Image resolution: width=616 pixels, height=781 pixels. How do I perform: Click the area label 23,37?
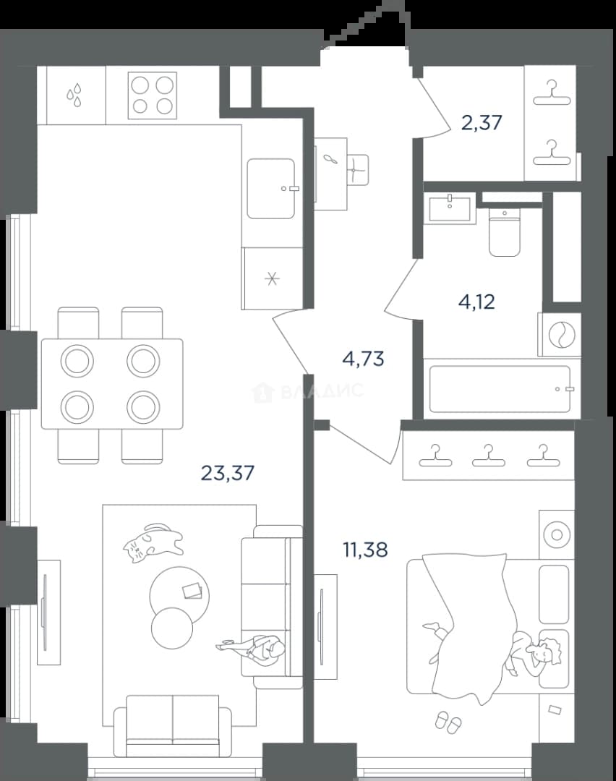point(228,473)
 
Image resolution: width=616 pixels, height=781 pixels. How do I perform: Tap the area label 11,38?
point(365,550)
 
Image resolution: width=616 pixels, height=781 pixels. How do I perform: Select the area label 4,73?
point(364,358)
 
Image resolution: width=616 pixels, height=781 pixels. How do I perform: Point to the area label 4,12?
point(476,302)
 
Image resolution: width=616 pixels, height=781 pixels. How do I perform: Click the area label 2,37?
point(482,122)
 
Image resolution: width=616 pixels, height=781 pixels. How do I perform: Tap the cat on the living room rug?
point(153,542)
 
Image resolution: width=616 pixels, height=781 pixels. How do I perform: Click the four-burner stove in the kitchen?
point(153,95)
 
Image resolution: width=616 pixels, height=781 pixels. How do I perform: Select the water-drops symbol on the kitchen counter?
point(75,95)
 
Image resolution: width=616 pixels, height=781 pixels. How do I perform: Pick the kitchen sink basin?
point(272,189)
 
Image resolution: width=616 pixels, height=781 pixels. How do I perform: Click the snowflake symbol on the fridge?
point(272,278)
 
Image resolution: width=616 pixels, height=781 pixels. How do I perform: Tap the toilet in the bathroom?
point(505,232)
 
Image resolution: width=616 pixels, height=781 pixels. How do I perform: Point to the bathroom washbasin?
point(450,208)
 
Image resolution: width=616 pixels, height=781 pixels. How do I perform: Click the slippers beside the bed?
point(448,721)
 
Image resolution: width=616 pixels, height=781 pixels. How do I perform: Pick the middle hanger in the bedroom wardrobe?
point(489,456)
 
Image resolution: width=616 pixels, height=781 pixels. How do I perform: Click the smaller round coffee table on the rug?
point(172,627)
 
